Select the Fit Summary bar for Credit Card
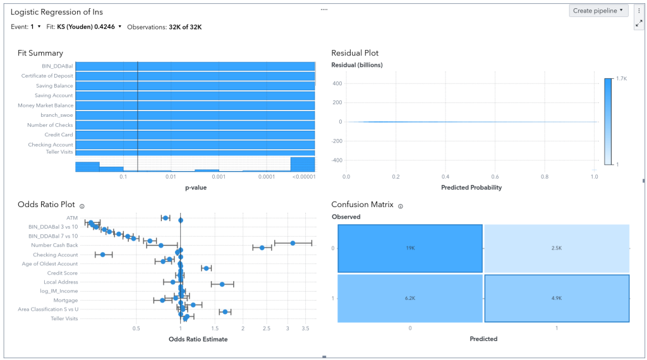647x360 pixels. (x=195, y=135)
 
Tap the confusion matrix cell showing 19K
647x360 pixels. (x=410, y=248)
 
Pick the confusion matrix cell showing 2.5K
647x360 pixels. (x=556, y=248)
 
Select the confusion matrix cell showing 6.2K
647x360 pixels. (x=410, y=298)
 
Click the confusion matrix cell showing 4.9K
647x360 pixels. (x=556, y=298)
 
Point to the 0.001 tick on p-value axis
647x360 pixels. (x=219, y=177)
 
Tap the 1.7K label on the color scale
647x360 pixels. (x=622, y=78)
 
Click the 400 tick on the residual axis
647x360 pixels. (x=337, y=83)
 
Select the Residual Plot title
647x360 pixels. (x=355, y=53)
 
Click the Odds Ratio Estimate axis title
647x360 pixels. (x=198, y=339)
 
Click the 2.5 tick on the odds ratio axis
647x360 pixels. (x=267, y=328)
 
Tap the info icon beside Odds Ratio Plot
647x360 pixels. (x=83, y=205)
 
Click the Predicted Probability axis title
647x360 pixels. (x=472, y=188)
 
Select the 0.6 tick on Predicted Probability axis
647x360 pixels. (x=495, y=177)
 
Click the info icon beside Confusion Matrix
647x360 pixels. (x=401, y=205)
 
